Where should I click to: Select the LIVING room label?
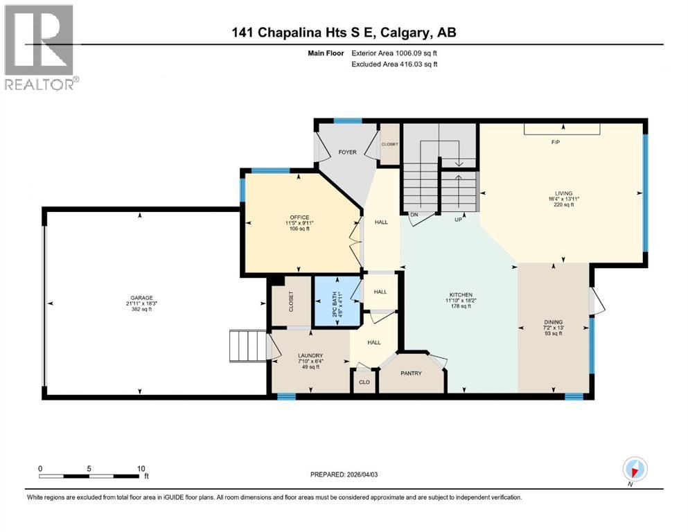tap(562, 193)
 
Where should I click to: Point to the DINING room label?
tap(553, 322)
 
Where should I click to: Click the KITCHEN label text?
tap(460, 294)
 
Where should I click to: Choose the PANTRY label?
tap(412, 373)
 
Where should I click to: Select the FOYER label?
tap(347, 152)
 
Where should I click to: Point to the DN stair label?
tap(414, 215)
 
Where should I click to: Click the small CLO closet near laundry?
tap(364, 381)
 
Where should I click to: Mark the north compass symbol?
tap(634, 469)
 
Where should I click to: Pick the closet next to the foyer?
tap(390, 145)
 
